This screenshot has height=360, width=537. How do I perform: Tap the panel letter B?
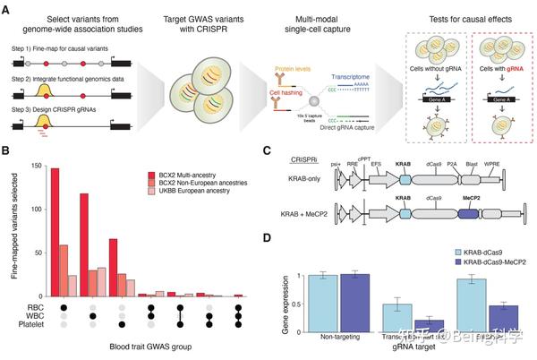tap(8, 153)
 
